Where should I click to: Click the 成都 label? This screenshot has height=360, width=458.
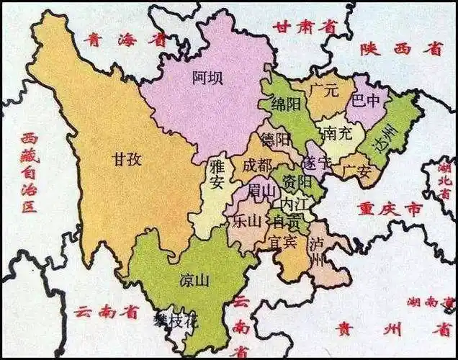257,165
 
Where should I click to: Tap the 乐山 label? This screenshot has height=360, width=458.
246,222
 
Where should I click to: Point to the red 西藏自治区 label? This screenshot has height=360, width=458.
29,173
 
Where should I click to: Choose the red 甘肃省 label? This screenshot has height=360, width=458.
305,27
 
